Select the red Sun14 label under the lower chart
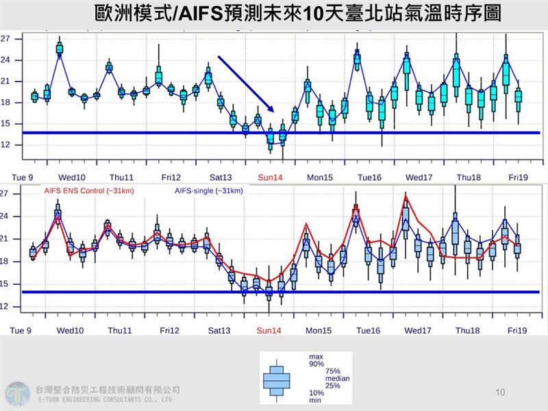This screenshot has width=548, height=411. (x=269, y=331)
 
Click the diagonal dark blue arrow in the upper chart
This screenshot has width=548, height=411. (x=245, y=83)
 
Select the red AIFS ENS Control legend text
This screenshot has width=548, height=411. (x=80, y=190)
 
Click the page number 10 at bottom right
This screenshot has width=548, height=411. (x=499, y=393)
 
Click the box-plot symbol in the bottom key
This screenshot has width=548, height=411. (x=277, y=377)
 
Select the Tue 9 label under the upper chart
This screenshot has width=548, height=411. (x=23, y=177)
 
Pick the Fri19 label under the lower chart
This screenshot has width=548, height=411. (x=516, y=331)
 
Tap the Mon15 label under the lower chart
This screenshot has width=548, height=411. (x=319, y=331)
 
